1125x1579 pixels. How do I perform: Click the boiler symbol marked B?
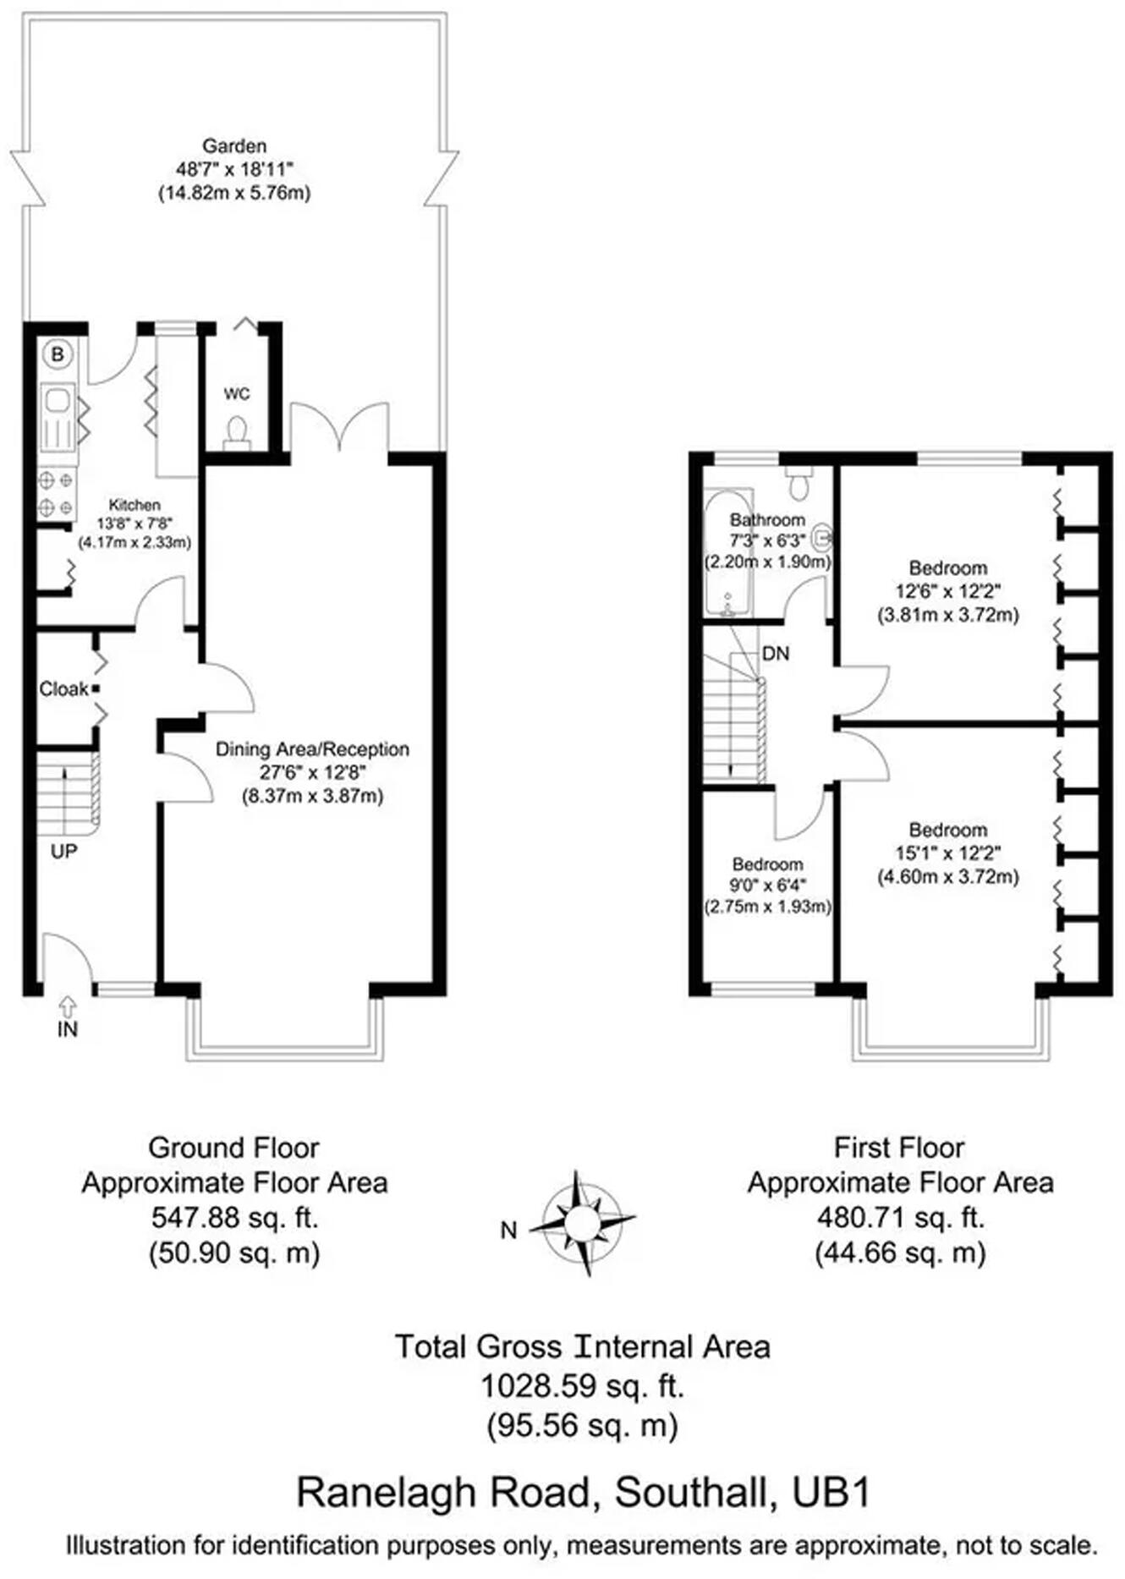(x=58, y=354)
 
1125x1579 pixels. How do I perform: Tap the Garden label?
(x=234, y=145)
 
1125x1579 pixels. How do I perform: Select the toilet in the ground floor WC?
(x=236, y=431)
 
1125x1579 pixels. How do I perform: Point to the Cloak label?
(x=63, y=689)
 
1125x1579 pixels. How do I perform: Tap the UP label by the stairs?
(x=63, y=851)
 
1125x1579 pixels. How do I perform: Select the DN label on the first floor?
(x=776, y=653)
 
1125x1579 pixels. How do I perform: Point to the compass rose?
(x=582, y=1222)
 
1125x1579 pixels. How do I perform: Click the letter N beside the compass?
(x=508, y=1231)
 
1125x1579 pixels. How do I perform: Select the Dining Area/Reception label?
(x=312, y=749)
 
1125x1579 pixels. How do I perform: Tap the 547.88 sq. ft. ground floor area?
(x=234, y=1217)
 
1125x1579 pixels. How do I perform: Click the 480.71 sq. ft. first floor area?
(x=900, y=1217)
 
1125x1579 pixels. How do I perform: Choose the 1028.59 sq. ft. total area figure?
(x=582, y=1386)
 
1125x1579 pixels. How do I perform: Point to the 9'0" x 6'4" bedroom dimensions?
(x=768, y=885)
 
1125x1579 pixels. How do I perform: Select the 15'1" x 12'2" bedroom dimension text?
(x=947, y=853)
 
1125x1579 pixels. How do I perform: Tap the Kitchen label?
(x=134, y=505)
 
